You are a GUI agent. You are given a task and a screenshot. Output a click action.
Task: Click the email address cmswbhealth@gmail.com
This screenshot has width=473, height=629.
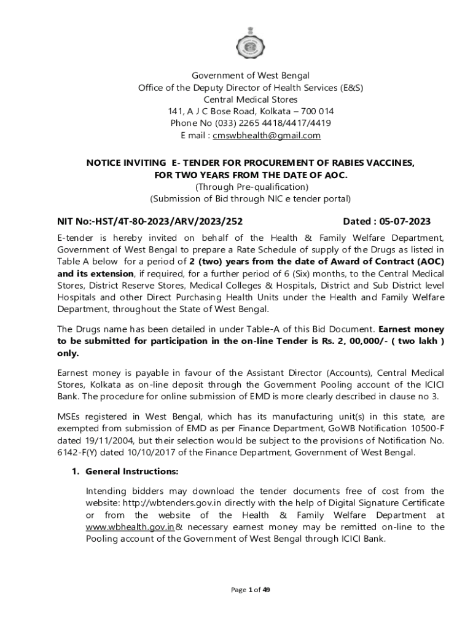267,135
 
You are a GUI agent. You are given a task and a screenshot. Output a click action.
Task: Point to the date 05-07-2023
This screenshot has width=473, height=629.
401,222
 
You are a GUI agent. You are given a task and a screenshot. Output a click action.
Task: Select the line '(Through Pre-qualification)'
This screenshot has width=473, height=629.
251,187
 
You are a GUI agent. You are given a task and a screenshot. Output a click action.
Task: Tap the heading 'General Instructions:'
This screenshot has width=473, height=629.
132,472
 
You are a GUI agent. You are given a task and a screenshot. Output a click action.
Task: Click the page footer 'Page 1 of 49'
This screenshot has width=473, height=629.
251,590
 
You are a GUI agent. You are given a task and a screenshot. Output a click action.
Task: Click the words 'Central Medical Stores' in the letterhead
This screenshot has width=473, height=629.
251,99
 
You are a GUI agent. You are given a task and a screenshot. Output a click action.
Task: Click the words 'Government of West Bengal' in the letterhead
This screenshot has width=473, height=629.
251,76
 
